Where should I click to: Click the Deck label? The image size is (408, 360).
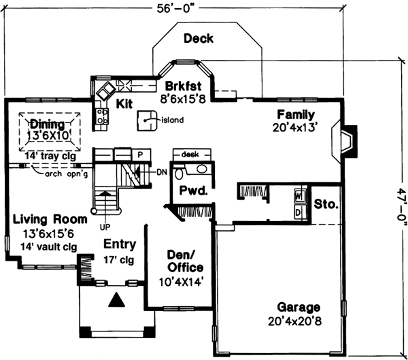[198, 39]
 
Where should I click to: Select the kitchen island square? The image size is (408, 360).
[146, 120]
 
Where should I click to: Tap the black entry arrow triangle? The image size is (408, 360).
[117, 299]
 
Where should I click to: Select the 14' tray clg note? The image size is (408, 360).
[50, 156]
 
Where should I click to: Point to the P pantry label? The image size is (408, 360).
[139, 154]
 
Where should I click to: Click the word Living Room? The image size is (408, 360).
[50, 219]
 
